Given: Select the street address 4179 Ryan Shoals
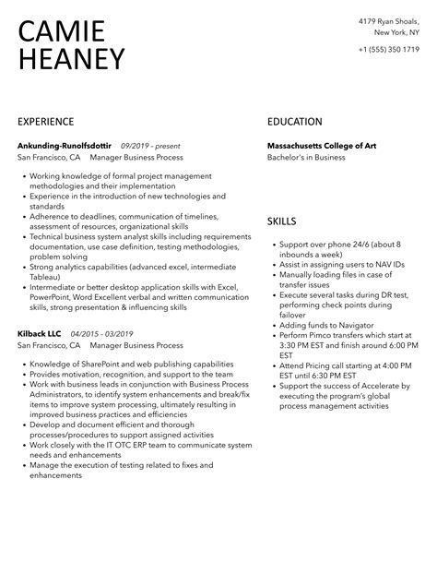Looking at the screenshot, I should (x=386, y=20).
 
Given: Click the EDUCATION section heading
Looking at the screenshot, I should (x=295, y=122).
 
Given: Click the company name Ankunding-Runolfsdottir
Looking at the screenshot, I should (x=64, y=145).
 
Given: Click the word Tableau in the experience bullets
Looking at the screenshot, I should (x=44, y=275).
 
